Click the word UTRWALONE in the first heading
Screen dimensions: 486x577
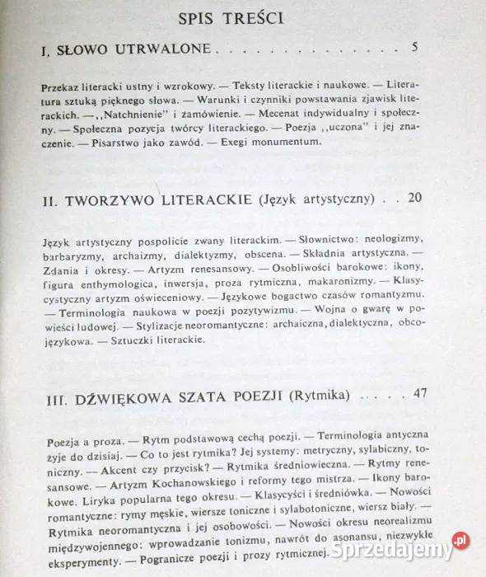coord(171,51)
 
